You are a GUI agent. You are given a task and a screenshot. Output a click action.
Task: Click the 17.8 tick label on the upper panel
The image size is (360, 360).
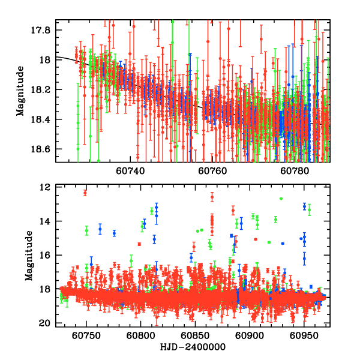44,30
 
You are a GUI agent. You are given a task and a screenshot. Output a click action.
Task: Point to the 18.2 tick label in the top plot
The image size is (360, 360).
44,89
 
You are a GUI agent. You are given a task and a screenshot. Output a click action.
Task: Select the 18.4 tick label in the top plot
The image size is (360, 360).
44,119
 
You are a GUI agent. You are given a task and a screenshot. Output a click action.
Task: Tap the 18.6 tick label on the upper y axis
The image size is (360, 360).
44,149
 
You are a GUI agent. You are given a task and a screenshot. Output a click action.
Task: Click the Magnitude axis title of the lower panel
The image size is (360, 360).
29,256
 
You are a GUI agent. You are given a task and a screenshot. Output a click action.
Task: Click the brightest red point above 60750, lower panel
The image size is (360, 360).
85,193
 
